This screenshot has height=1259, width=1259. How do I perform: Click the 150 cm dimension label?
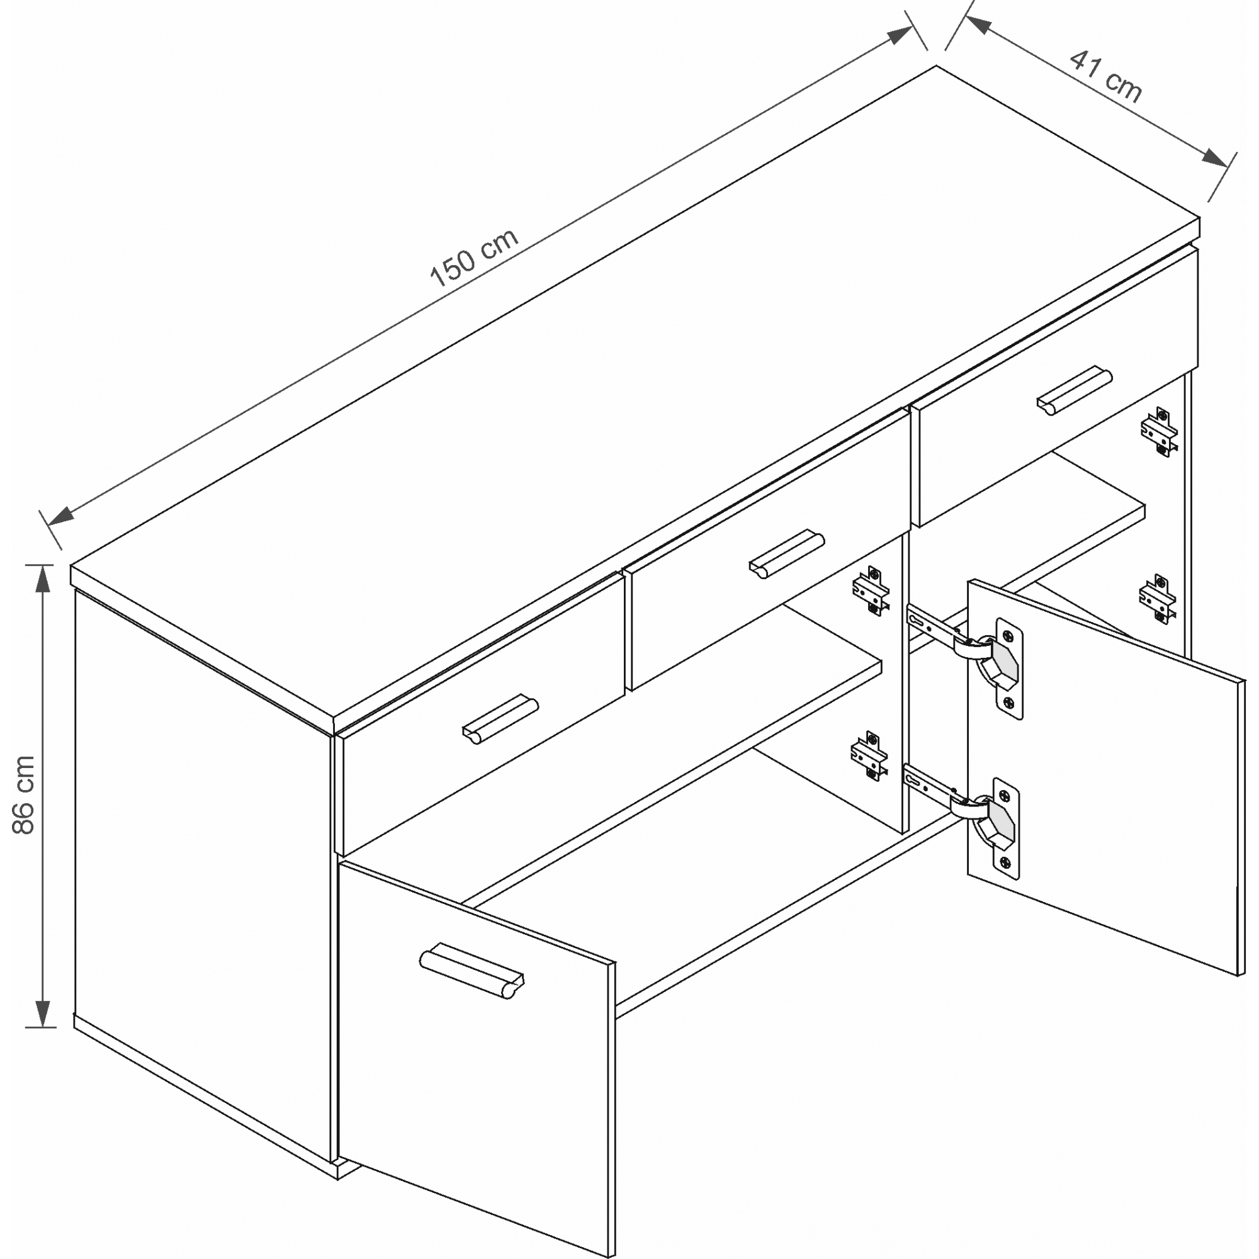click(474, 257)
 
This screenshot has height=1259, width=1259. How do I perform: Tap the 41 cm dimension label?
click(1106, 77)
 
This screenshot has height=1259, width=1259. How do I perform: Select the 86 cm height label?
click(23, 794)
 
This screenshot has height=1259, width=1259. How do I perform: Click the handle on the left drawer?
click(500, 720)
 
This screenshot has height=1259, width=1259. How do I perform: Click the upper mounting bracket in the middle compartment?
click(870, 590)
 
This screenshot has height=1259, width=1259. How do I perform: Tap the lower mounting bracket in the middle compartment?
click(869, 755)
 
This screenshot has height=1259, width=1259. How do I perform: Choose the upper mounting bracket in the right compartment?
click(1159, 431)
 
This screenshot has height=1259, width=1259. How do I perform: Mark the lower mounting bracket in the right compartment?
click(1158, 598)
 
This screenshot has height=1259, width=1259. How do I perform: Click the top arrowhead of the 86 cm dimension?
click(42, 577)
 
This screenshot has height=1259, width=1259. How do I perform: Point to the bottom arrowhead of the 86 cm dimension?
click(42, 1013)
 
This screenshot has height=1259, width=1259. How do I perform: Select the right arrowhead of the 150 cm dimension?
click(900, 35)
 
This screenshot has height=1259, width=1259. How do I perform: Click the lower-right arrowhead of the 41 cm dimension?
click(1214, 159)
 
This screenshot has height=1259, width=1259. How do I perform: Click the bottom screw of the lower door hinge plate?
click(1005, 864)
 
